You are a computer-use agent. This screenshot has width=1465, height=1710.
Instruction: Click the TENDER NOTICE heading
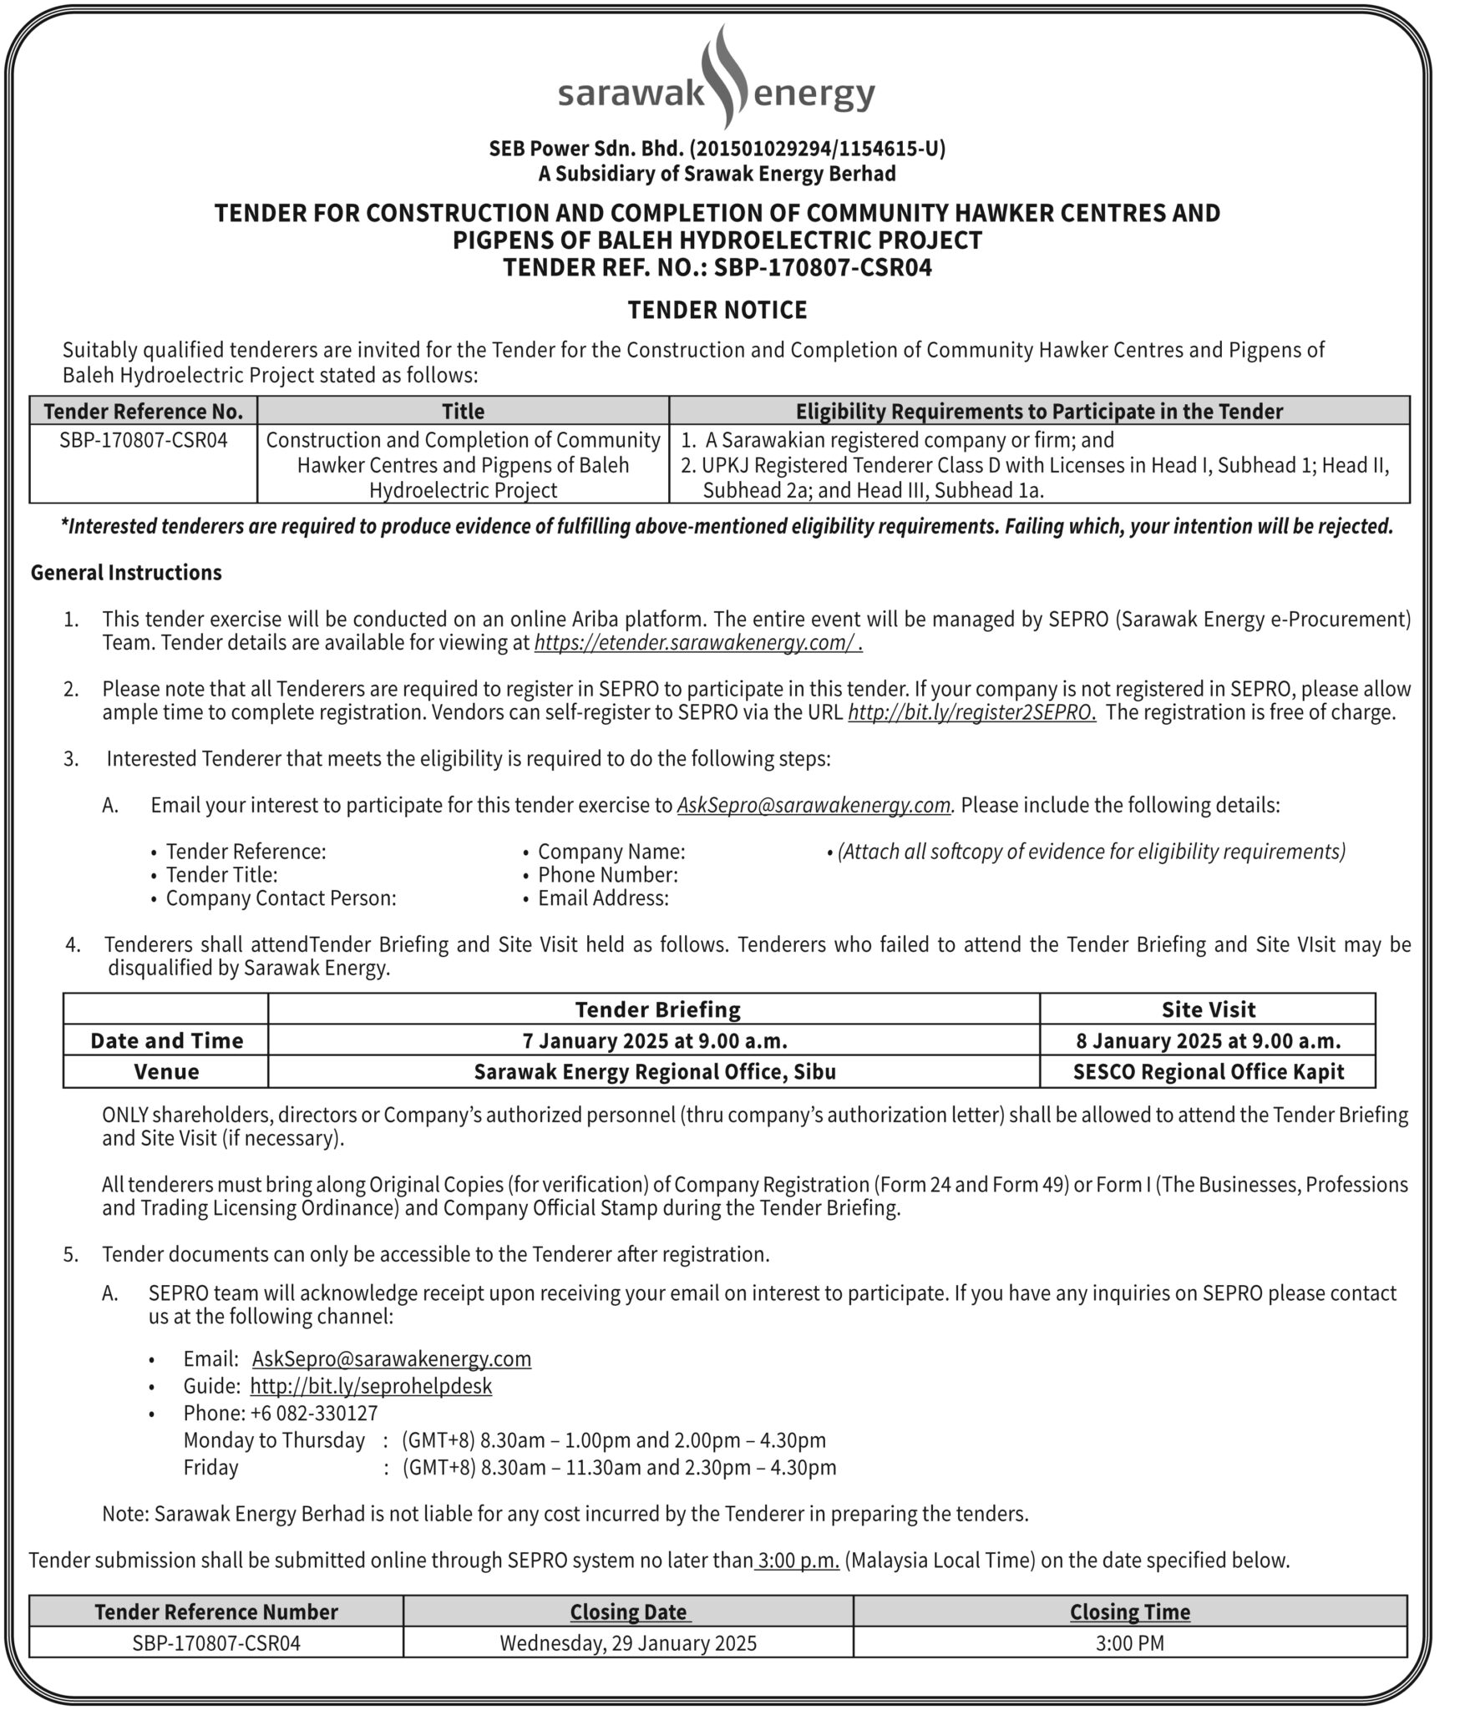(717, 311)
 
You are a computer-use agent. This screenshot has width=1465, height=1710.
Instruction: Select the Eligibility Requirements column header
(1039, 411)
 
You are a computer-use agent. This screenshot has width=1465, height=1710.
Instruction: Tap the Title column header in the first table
(463, 411)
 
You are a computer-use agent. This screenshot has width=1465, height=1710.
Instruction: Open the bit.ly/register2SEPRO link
(971, 712)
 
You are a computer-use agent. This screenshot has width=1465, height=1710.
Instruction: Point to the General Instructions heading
(126, 573)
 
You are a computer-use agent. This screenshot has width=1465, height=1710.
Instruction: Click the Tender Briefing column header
(657, 1009)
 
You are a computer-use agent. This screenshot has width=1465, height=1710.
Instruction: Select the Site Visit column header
(1208, 1009)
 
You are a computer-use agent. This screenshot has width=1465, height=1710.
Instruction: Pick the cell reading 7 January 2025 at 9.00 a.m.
(655, 1040)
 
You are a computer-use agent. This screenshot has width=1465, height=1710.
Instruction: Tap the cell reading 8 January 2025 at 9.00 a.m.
(1208, 1040)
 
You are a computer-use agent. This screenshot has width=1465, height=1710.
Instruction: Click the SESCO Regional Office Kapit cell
(1208, 1072)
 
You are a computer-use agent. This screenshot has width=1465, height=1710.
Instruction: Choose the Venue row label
(166, 1072)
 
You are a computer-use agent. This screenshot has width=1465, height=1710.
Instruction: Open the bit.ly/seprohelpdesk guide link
(371, 1386)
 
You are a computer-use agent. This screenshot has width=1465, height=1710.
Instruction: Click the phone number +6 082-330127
(314, 1413)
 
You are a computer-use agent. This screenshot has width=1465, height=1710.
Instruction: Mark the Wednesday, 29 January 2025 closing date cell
(628, 1643)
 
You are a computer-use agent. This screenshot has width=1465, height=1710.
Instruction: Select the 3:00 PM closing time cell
(1129, 1643)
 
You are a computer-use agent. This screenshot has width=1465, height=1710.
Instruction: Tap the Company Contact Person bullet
(281, 898)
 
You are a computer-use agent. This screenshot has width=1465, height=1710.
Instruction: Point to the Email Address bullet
(603, 898)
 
